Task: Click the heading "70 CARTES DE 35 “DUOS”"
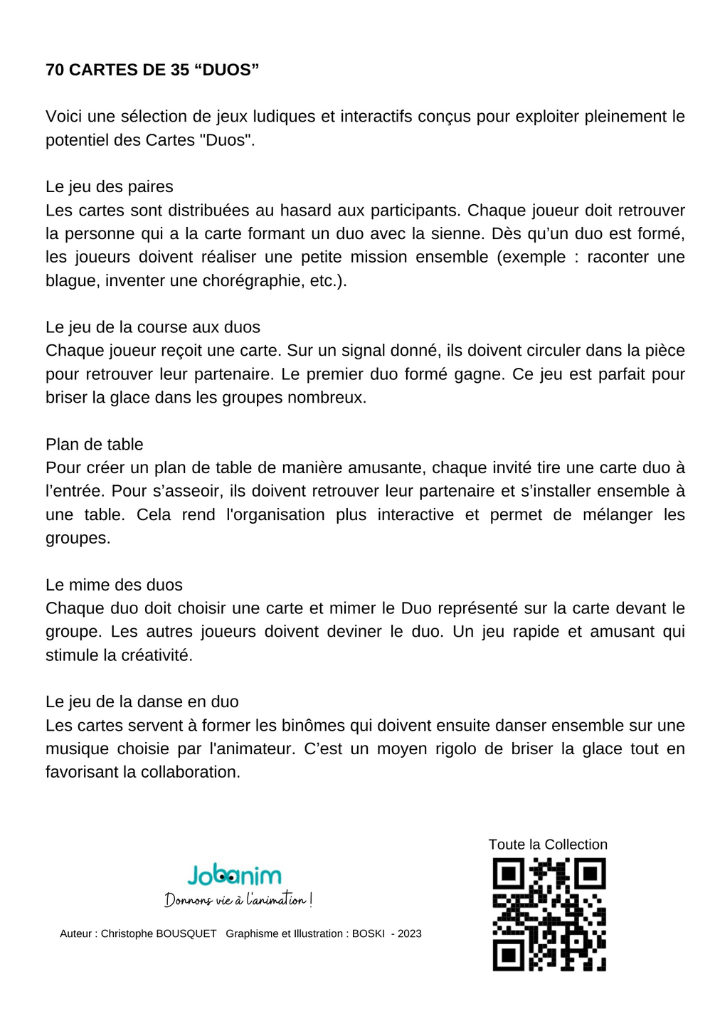(152, 70)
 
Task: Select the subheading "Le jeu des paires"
(110, 186)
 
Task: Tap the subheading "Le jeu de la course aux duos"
(153, 327)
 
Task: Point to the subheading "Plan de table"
(95, 445)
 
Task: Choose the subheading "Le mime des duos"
(114, 585)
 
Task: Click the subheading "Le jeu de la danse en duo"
(142, 702)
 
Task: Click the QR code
(549, 914)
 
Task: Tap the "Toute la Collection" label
(548, 845)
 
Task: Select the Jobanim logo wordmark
(235, 875)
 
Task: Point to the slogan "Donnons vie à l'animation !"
(238, 901)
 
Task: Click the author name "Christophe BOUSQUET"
(159, 933)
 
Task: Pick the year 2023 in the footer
(410, 933)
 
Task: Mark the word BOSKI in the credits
(369, 933)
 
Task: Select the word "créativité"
(157, 655)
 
